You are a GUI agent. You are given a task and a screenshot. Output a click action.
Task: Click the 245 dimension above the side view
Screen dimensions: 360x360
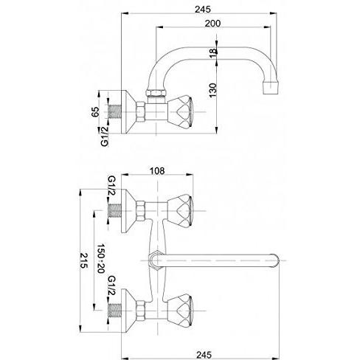coord(203,10)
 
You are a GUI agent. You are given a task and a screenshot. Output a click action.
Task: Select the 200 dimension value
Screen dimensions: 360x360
coord(212,24)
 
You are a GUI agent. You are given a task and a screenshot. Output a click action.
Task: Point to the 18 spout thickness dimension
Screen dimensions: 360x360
coord(213,53)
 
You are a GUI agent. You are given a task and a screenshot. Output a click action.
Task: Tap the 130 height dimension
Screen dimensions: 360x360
coord(213,90)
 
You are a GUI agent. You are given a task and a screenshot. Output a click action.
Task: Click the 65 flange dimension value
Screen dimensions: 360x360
coord(95,112)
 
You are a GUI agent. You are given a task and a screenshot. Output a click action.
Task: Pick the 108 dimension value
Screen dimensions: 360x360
coord(157,170)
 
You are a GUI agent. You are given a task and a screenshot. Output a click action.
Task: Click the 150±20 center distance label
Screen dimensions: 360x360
coord(101,258)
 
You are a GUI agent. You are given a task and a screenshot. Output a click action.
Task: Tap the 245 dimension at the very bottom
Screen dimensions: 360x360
coord(204,355)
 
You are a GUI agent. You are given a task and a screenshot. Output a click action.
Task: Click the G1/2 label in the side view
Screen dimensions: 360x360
coord(105,136)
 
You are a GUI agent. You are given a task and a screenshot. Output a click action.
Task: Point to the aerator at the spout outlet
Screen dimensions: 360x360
coord(271,87)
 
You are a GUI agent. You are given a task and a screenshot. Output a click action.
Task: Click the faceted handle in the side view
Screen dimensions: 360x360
coord(180,112)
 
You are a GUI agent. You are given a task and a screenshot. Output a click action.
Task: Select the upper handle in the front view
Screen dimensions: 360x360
coord(180,211)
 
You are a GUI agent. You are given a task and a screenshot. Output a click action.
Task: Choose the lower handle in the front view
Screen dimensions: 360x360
coord(180,311)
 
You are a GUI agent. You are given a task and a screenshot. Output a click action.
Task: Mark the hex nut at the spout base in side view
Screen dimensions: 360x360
coord(156,93)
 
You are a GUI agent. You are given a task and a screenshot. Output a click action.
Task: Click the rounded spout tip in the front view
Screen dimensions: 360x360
coord(275,260)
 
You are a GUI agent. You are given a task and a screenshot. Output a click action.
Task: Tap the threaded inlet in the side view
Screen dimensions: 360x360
coord(115,112)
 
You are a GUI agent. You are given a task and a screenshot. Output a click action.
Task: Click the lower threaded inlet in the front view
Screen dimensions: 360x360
coord(115,311)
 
